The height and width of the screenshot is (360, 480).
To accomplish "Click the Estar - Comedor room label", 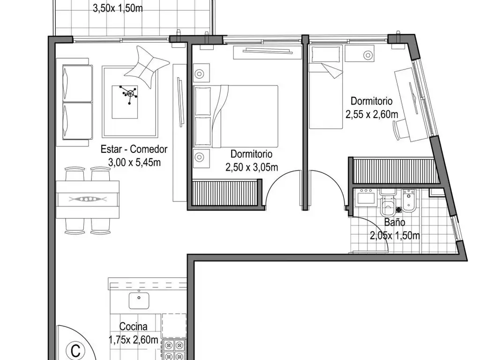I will click(134, 150).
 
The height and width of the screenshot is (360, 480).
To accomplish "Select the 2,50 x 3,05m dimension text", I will click(252, 167).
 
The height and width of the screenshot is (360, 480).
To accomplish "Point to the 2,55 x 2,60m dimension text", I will click(372, 113).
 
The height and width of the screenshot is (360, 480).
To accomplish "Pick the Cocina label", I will click(134, 327).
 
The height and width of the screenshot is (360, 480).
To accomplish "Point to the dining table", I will click(88, 199).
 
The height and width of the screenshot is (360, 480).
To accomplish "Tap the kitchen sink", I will click(139, 300).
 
